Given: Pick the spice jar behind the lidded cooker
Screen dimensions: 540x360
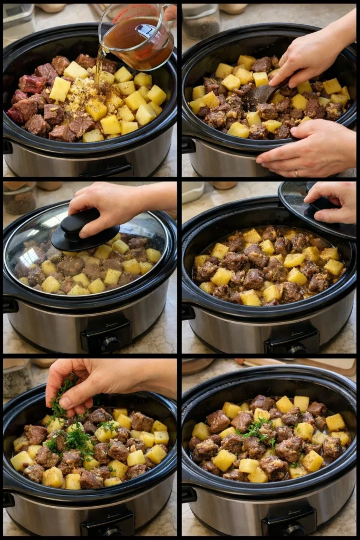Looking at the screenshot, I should coord(20,198).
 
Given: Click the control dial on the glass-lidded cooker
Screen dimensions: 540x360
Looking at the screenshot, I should coord(110,344).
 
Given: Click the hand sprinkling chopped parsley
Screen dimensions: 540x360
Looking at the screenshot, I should coord(95,382).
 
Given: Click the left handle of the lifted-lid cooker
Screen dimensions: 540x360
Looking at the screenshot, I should coord(188,311).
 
